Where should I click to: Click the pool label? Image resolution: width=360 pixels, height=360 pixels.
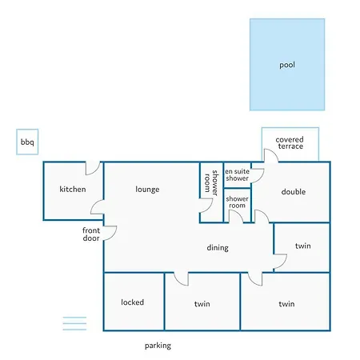tap(287, 65)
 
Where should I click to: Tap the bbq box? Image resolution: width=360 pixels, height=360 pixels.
tap(27, 142)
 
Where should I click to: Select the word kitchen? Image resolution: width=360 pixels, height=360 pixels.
tap(73, 189)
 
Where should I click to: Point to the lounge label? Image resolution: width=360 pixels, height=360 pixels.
tap(147, 190)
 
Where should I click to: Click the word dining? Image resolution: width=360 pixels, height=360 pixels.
tap(218, 248)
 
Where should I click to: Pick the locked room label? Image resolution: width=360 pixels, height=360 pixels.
tap(133, 302)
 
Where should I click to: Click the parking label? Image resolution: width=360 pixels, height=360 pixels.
tap(158, 346)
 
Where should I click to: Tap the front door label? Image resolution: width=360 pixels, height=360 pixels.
tap(91, 234)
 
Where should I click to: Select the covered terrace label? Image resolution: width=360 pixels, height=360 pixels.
tap(290, 142)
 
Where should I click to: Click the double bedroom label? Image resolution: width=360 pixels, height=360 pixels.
tap(294, 192)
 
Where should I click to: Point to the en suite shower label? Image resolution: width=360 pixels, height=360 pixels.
tap(237, 174)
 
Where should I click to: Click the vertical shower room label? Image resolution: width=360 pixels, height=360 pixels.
tap(211, 182)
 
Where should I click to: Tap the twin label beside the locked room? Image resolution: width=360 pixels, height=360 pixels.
tap(202, 304)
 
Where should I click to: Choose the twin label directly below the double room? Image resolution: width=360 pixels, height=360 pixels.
tap(303, 246)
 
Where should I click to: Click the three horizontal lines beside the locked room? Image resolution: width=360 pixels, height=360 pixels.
tap(74, 323)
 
